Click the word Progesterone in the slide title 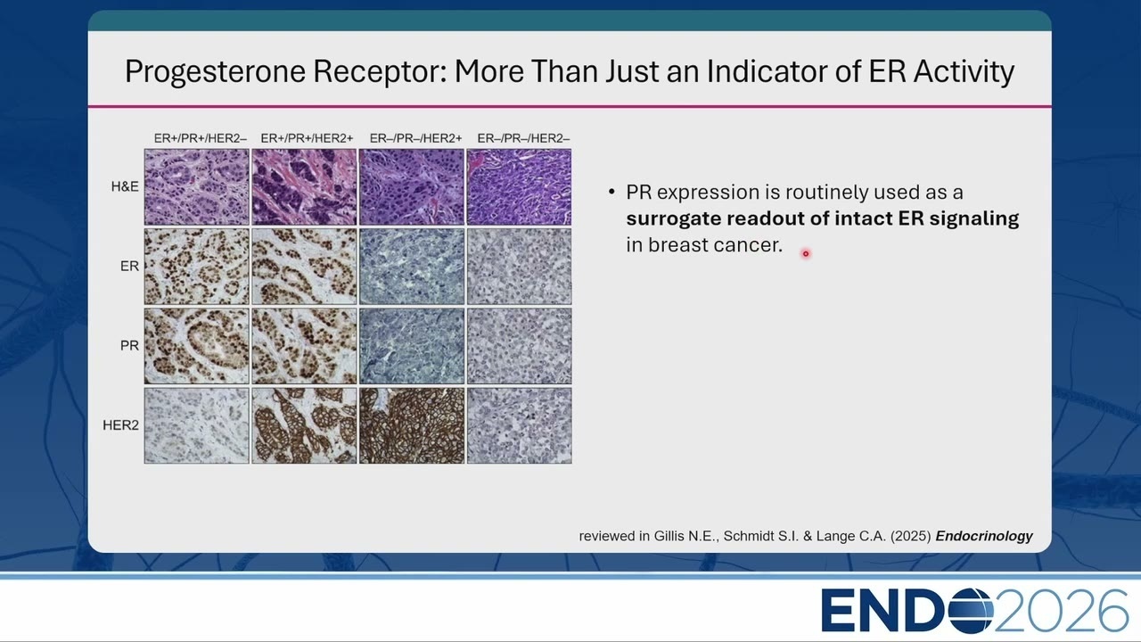pyautogui.click(x=215, y=71)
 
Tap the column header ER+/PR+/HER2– pyautogui.click(x=201, y=138)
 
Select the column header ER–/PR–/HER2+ pyautogui.click(x=415, y=138)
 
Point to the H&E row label pyautogui.click(x=125, y=186)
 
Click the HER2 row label pyautogui.click(x=120, y=425)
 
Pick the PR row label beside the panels pyautogui.click(x=129, y=345)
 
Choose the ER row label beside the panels pyautogui.click(x=129, y=266)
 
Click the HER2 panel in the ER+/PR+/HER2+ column pyautogui.click(x=304, y=425)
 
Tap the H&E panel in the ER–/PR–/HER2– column pyautogui.click(x=519, y=187)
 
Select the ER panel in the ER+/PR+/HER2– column pyautogui.click(x=197, y=267)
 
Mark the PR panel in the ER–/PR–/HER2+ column pyautogui.click(x=412, y=346)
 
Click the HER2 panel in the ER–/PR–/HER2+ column pyautogui.click(x=412, y=425)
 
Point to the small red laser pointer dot pyautogui.click(x=806, y=254)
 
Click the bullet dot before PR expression pyautogui.click(x=612, y=192)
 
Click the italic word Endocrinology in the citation pyautogui.click(x=984, y=536)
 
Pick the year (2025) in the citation pyautogui.click(x=911, y=536)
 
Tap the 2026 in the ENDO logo pyautogui.click(x=1061, y=611)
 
